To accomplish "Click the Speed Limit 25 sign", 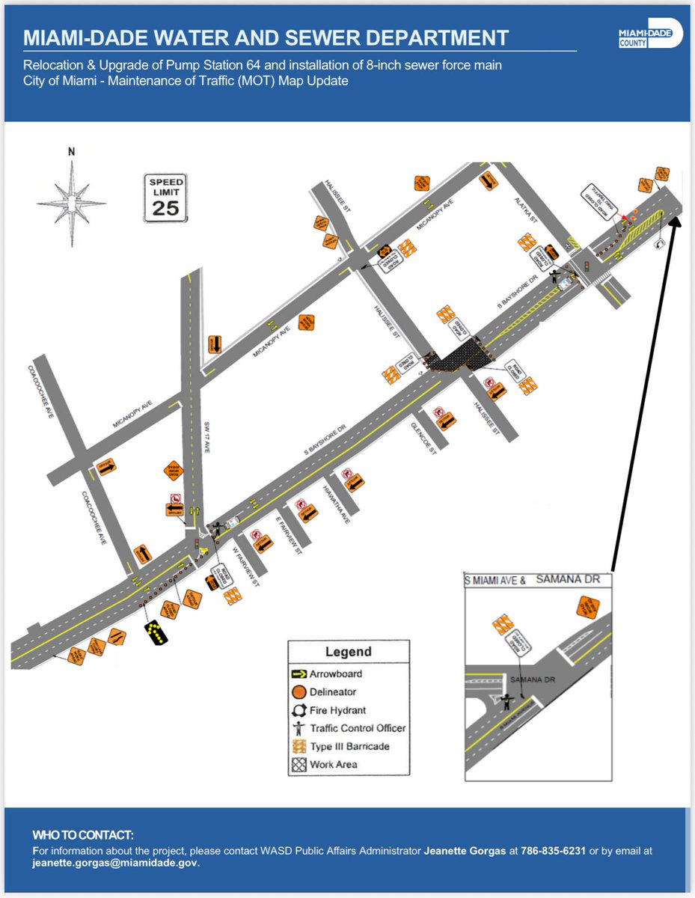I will (x=165, y=198).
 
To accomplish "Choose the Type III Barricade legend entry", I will (x=349, y=746).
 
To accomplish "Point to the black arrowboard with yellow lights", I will (x=156, y=632).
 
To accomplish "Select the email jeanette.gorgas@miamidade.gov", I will (x=114, y=863).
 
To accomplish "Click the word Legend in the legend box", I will (x=349, y=652).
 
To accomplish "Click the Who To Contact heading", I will (x=83, y=834).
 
